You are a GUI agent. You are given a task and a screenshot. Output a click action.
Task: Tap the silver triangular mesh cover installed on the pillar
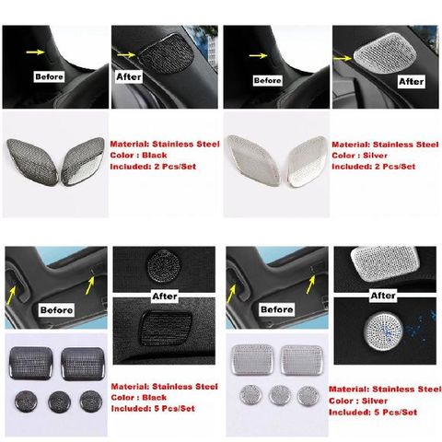pyautogui.click(x=385, y=53)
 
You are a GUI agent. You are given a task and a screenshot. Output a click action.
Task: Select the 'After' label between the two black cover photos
pyautogui.click(x=165, y=297)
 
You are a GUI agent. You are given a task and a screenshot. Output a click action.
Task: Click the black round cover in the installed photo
pyautogui.click(x=164, y=265)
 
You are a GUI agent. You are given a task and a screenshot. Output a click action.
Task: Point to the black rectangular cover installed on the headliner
pyautogui.click(x=166, y=327)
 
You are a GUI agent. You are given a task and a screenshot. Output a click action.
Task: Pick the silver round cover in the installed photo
pyautogui.click(x=383, y=331)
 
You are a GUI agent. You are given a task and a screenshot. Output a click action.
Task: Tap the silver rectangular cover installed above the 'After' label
pyautogui.click(x=385, y=264)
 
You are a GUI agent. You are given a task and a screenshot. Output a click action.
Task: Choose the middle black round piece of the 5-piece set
pyautogui.click(x=60, y=401)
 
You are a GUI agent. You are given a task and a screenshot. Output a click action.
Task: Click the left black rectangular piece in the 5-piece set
pyautogui.click(x=31, y=364)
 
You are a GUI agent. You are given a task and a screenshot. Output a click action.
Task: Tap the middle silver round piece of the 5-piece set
pyautogui.click(x=280, y=395)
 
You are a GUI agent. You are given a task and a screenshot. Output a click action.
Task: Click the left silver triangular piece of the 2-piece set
pyautogui.click(x=253, y=160)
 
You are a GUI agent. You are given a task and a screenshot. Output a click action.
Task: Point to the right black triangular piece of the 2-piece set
pyautogui.click(x=83, y=162)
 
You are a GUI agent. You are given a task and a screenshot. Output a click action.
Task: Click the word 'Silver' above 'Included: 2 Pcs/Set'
pyautogui.click(x=375, y=156)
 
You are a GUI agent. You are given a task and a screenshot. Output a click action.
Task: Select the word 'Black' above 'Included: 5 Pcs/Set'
pyautogui.click(x=155, y=398)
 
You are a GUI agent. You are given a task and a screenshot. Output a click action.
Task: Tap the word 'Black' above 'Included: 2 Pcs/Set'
pyautogui.click(x=155, y=155)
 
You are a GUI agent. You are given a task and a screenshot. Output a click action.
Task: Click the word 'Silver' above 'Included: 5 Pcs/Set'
pyautogui.click(x=375, y=401)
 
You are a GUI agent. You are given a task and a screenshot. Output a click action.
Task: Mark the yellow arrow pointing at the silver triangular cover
pyautogui.click(x=343, y=57)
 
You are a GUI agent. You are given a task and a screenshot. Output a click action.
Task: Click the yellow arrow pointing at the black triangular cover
pyautogui.click(x=126, y=54)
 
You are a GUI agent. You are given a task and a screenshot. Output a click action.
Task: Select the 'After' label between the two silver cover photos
pyautogui.click(x=383, y=296)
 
